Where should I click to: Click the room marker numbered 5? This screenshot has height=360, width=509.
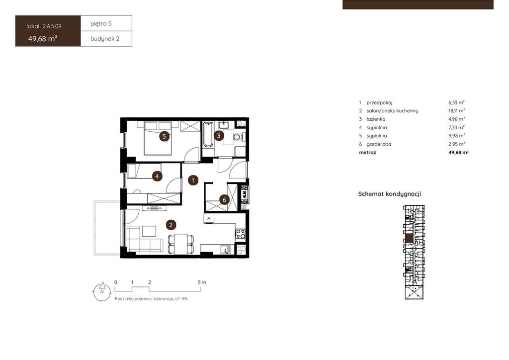click(164, 136)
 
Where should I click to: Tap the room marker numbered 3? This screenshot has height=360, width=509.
click(219, 135)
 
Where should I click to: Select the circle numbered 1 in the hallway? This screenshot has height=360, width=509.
click(193, 180)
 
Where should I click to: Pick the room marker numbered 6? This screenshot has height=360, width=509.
click(224, 199)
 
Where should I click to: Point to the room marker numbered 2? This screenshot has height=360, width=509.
click(171, 225)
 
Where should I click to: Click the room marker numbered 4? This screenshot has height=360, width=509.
click(157, 176)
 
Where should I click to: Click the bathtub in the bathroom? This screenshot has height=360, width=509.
click(208, 134)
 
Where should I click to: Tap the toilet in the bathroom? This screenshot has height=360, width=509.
click(239, 137)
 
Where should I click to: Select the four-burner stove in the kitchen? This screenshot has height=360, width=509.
click(240, 234)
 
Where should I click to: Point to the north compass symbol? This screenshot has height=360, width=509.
click(102, 291)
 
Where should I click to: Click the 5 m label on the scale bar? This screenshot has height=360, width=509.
click(202, 282)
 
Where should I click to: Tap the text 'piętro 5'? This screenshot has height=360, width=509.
click(101, 24)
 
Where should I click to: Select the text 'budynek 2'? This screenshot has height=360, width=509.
click(105, 39)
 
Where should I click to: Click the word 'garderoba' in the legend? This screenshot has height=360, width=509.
click(379, 144)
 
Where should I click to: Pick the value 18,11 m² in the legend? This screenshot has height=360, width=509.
click(456, 111)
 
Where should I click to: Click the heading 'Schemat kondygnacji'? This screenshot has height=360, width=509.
click(390, 194)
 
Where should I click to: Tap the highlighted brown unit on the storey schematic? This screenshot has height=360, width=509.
click(410, 238)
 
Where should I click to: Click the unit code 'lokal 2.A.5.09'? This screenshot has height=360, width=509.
click(44, 26)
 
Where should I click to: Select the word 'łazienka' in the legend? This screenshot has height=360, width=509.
click(376, 119)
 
